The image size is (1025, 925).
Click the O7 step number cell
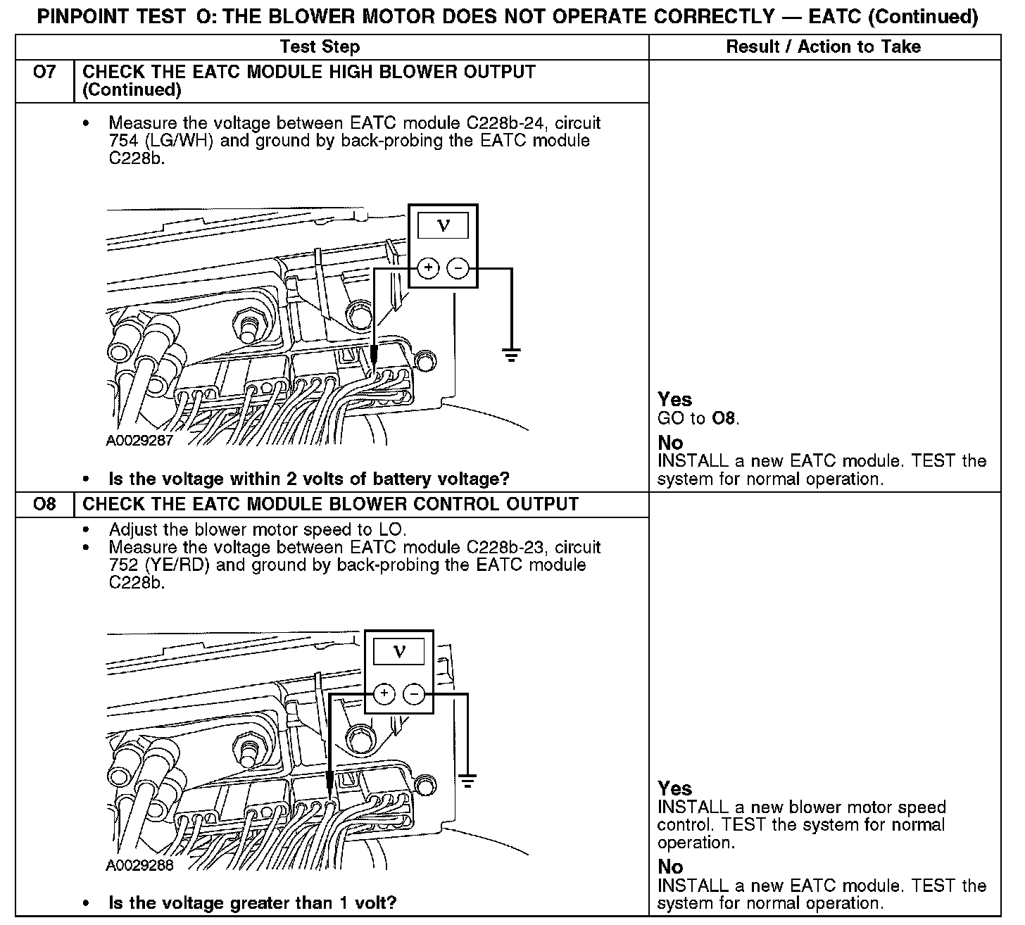pos(44,73)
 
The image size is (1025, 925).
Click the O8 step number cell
pos(44,504)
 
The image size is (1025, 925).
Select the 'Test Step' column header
pos(320,47)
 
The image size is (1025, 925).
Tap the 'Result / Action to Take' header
pos(823,47)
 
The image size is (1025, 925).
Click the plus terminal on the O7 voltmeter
pos(428,268)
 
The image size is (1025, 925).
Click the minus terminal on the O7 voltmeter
pos(458,268)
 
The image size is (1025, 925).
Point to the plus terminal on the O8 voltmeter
pos(384,694)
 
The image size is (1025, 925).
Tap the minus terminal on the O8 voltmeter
pos(414,694)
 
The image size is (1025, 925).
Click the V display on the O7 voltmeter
pos(444,225)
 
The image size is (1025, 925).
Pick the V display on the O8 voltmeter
pos(399,651)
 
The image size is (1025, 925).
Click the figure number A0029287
pos(139,441)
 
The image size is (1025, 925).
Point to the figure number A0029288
pos(139,865)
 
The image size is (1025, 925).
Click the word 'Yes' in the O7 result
pos(675,400)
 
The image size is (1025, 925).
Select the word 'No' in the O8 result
pos(671,867)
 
